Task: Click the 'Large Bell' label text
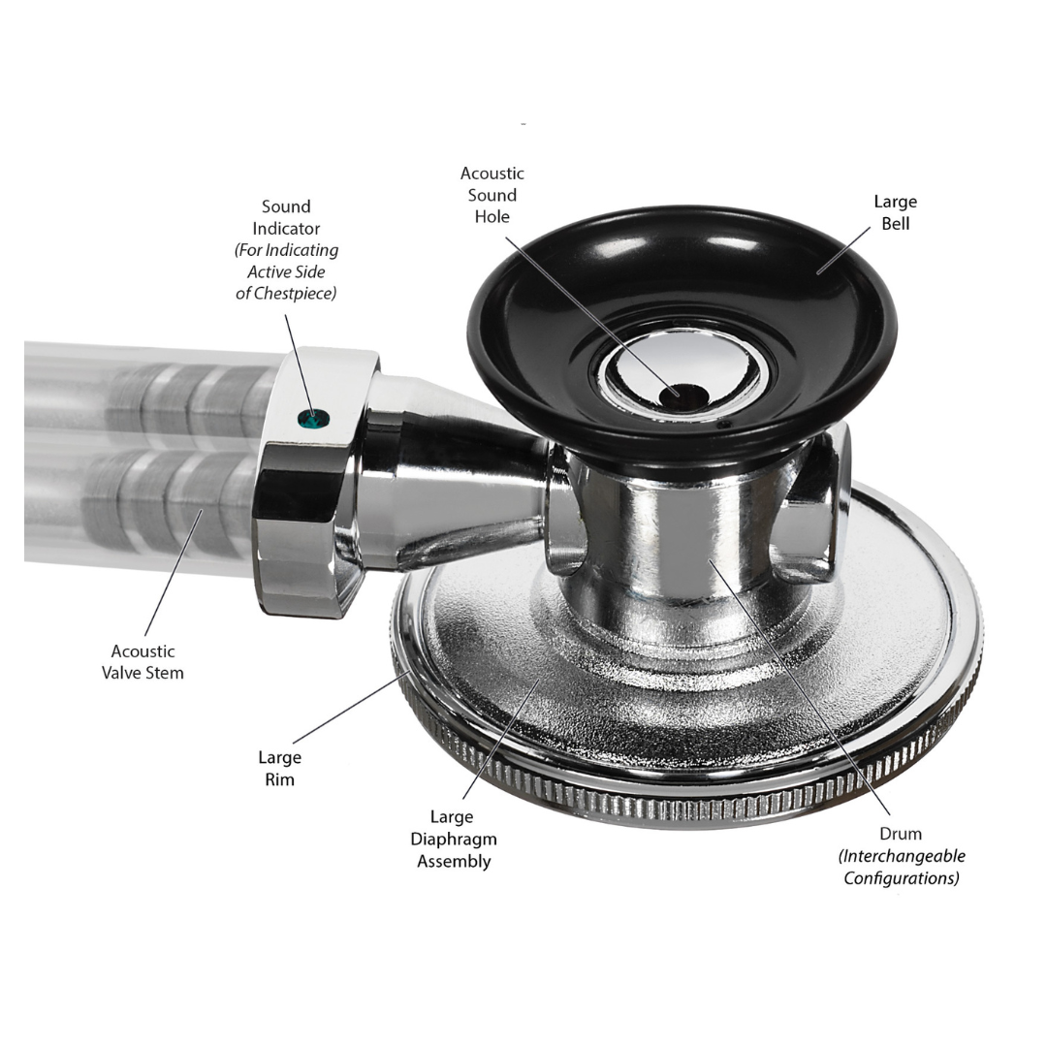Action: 894,212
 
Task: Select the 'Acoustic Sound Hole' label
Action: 492,195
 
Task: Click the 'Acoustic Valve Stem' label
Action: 143,662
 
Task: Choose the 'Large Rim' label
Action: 279,768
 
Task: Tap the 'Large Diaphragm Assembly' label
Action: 454,840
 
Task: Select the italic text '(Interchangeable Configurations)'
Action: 902,868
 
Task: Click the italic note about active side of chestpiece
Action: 286,271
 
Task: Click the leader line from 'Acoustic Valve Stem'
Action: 174,572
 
